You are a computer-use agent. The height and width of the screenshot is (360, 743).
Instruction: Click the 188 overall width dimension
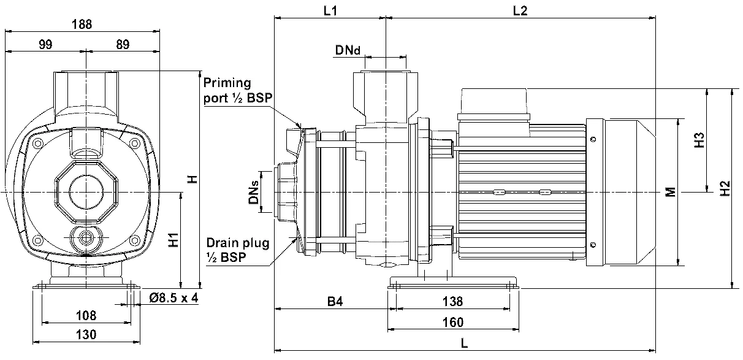(x=82, y=25)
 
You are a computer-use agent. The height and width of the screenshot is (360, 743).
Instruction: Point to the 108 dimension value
(x=86, y=316)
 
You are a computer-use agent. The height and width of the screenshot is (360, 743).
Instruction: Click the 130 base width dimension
(x=86, y=334)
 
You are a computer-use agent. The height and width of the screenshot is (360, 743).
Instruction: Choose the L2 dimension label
(x=519, y=11)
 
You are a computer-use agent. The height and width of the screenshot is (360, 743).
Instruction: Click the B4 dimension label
(x=333, y=301)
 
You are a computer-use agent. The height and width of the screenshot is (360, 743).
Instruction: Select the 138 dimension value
(x=452, y=301)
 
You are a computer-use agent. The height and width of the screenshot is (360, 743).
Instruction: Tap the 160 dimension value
(x=452, y=322)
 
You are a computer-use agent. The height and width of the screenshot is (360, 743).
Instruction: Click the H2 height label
(x=725, y=188)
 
